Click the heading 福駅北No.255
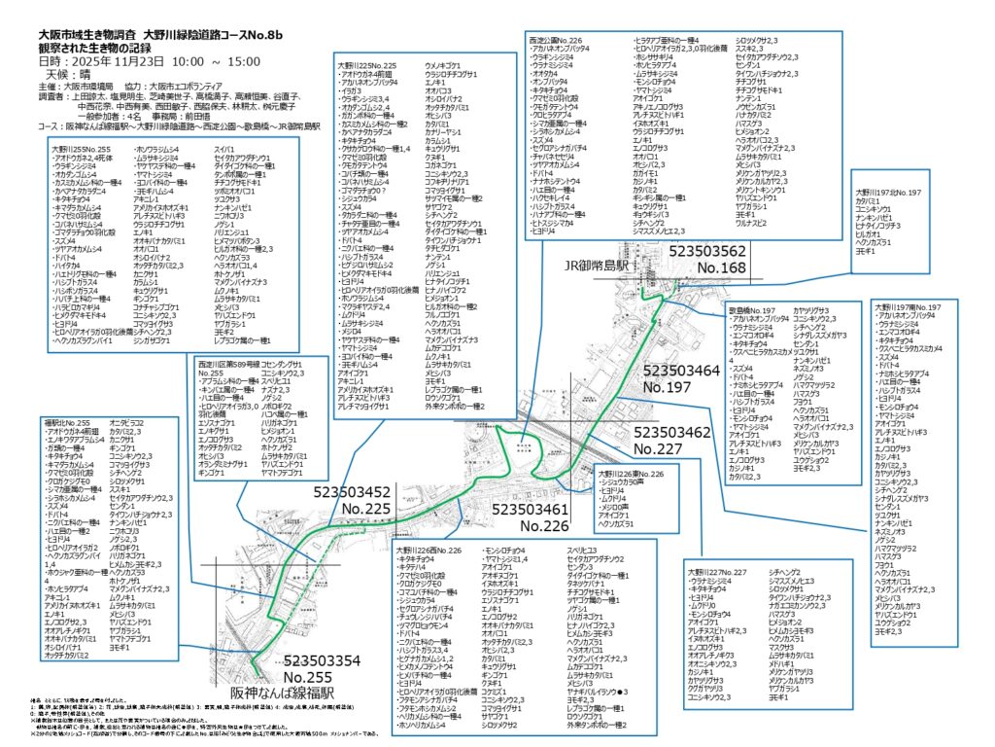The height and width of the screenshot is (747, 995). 67,423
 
